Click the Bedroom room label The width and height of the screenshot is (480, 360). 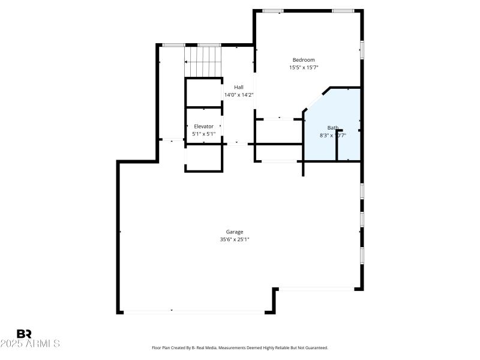point(303,60)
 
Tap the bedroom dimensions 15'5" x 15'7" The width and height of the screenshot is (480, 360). point(303,68)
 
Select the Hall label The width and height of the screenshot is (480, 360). point(238,87)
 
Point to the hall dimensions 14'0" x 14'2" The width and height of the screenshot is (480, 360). point(238,95)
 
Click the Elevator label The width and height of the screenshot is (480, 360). point(203,126)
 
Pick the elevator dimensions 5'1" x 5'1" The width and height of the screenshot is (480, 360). point(203,134)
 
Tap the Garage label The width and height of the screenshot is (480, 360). point(234,232)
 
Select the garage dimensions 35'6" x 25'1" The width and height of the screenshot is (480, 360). point(234,239)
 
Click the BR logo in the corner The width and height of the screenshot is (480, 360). point(24,334)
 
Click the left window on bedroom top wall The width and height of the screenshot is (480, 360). point(273,11)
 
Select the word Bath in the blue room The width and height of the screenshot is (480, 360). point(332,127)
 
